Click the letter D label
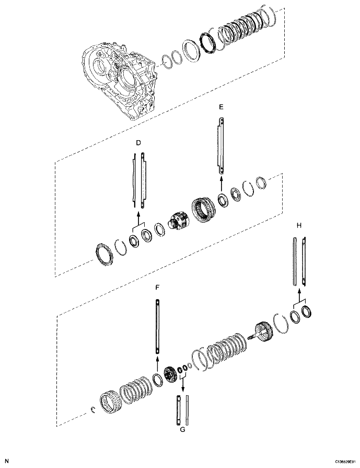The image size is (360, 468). (x=138, y=142)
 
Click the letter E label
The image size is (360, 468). (x=221, y=106)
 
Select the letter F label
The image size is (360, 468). (x=157, y=287)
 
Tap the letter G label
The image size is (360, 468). (x=182, y=430)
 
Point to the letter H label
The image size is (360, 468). (x=299, y=225)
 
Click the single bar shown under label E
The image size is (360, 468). (x=222, y=146)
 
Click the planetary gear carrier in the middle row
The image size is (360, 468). (x=178, y=220)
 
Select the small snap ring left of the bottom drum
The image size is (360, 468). (x=91, y=409)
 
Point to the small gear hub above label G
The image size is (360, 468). (x=170, y=376)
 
